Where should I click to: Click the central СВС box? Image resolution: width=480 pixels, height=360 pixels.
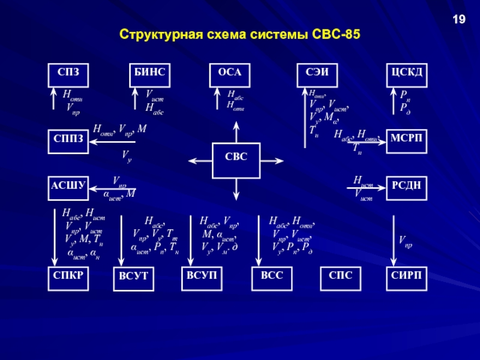point(236,161)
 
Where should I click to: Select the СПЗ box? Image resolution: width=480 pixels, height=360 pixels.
point(68,74)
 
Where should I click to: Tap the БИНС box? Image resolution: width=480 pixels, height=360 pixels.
point(150,74)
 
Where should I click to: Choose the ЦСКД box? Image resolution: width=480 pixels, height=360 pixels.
point(406,74)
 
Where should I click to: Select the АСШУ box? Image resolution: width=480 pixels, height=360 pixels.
point(68,187)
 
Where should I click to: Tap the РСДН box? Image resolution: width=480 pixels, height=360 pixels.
point(406,187)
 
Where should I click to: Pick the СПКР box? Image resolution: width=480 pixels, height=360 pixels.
point(68,279)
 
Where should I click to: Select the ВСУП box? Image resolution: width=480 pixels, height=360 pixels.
point(201,279)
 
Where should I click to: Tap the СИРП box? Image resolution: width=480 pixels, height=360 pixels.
point(406,279)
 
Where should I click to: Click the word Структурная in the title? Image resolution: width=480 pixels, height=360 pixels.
point(153,35)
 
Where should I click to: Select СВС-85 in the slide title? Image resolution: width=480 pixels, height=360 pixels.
point(337,35)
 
